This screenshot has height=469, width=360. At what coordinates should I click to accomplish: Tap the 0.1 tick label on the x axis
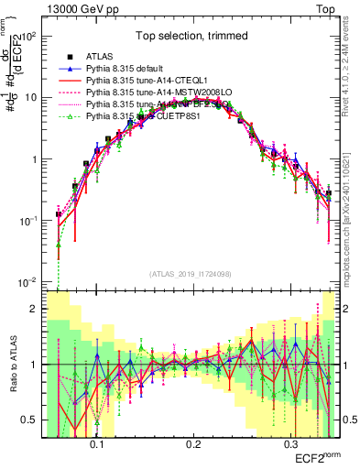(96, 442)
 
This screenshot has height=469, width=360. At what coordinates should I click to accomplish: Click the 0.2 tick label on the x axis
(192, 442)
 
